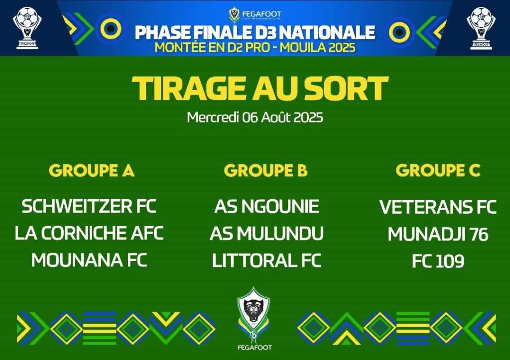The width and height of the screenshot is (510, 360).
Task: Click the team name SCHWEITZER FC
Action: pos(89,206)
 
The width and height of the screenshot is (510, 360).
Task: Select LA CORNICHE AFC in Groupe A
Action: pos(89,233)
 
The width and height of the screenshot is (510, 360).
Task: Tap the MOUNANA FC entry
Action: pos(89,260)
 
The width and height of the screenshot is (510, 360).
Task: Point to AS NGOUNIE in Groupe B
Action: pos(266,206)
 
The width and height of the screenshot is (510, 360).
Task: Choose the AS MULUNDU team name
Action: pos(267,234)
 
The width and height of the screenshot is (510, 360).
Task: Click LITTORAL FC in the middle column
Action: pos(267,260)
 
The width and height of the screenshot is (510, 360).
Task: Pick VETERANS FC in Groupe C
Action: pos(438,207)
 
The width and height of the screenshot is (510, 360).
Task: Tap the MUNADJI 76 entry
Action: pos(438,234)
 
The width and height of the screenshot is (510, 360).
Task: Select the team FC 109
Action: pos(438,261)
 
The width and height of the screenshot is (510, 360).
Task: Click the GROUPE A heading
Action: pos(92,170)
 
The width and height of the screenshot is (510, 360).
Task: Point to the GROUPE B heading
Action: pos(266,170)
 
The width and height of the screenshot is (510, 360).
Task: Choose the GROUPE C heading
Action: pos(438,170)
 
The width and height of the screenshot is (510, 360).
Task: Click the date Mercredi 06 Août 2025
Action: pos(255,117)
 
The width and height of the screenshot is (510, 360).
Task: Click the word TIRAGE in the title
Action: pos(188,88)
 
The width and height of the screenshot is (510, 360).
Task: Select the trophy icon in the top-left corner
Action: pos(27,28)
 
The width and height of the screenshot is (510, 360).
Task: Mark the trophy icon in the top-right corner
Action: pos(481,28)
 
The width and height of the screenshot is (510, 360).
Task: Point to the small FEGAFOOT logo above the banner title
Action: pos(255,15)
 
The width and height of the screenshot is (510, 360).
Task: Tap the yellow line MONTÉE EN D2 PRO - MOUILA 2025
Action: pos(255,47)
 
